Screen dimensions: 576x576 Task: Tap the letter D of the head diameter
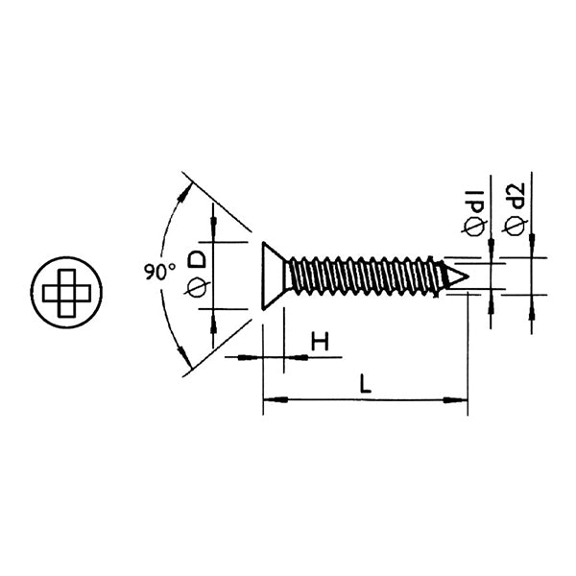click(x=197, y=258)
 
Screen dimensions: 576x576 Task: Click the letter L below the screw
click(x=365, y=384)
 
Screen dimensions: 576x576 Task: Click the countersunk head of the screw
click(x=274, y=276)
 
